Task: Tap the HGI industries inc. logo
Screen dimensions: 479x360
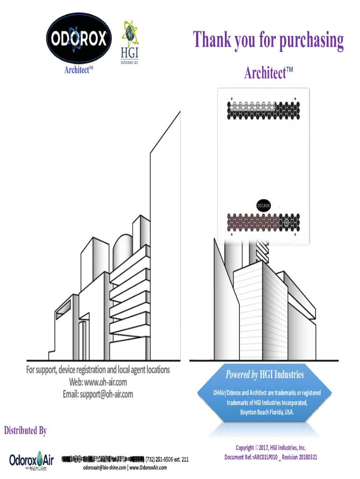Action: click(130, 43)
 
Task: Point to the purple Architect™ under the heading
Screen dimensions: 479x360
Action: click(268, 73)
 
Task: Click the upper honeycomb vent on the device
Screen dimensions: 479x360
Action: click(263, 110)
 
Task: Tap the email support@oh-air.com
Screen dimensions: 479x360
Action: click(98, 394)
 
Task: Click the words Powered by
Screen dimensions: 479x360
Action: click(242, 374)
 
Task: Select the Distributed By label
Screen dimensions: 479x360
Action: click(25, 431)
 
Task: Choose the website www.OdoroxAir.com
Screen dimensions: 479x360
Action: click(148, 468)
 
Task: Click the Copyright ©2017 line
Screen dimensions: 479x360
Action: click(271, 448)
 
